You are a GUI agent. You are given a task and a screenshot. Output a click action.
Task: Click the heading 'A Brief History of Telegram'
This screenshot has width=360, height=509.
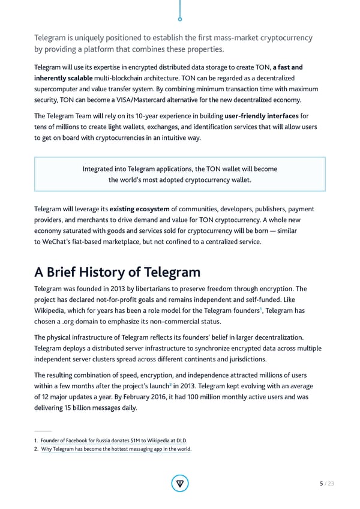pos(117,272)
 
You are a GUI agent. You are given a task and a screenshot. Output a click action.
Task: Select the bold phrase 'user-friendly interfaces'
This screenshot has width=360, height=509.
pos(262,115)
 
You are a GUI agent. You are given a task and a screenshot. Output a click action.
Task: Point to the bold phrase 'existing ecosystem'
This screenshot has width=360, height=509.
pos(139,209)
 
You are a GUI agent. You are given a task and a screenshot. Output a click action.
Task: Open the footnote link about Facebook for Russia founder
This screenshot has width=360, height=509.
pos(115,441)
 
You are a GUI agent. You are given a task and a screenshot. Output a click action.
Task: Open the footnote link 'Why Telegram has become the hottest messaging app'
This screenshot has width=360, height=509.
pos(116,449)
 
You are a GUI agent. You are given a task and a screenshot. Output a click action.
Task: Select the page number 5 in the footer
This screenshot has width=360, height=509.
pos(322,483)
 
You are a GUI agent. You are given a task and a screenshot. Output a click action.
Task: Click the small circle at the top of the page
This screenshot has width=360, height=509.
pos(180,19)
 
